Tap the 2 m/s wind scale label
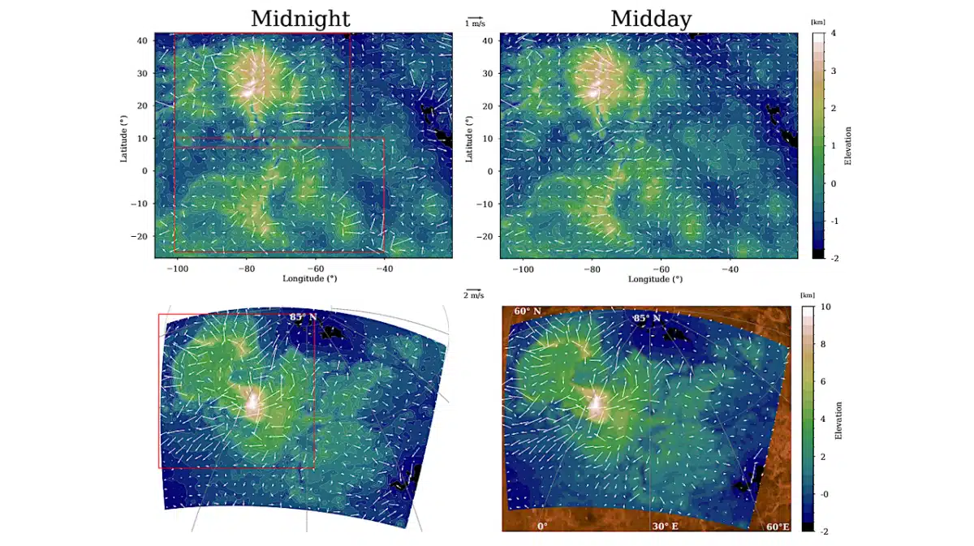[474, 295]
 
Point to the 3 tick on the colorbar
[832, 71]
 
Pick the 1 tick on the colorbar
[832, 145]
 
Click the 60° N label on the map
[527, 312]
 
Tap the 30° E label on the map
[665, 526]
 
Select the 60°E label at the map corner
[778, 527]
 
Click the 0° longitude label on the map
[541, 526]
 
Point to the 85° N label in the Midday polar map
[647, 318]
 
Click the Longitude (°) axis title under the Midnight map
[309, 278]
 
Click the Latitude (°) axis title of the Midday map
[469, 137]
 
